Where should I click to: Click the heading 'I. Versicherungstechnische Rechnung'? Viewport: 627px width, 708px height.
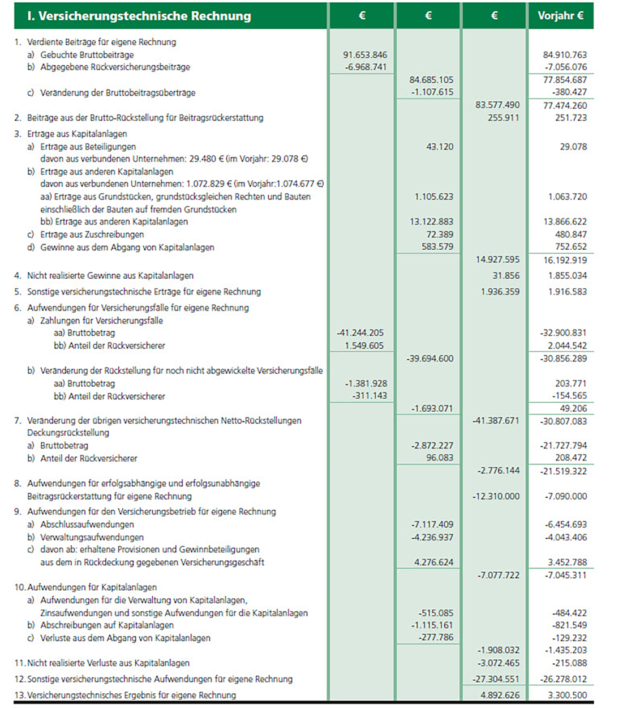[x=139, y=16]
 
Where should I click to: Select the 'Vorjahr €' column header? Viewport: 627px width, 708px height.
[x=560, y=16]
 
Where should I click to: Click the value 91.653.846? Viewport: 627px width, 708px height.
[x=365, y=55]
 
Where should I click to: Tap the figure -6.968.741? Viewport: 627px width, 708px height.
[x=366, y=67]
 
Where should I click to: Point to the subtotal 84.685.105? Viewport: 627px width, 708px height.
[x=431, y=80]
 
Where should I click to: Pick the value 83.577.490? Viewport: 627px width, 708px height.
[x=497, y=105]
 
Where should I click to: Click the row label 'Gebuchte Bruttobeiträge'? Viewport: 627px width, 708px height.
[x=87, y=55]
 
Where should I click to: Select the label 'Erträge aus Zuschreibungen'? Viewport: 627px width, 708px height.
[x=92, y=234]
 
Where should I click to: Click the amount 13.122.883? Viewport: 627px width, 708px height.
[x=431, y=221]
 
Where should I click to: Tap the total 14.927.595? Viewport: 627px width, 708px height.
[x=497, y=259]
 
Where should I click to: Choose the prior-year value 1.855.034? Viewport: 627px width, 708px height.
[x=565, y=275]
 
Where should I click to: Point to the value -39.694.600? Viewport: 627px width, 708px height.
[x=430, y=359]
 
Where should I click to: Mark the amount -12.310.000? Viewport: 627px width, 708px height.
[x=496, y=496]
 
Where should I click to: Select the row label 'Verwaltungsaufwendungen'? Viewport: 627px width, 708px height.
[x=92, y=537]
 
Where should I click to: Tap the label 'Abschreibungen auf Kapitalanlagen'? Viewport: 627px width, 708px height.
[x=107, y=625]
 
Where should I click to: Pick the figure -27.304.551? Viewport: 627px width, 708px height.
[x=496, y=679]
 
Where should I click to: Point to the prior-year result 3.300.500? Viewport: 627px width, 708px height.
[x=568, y=695]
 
